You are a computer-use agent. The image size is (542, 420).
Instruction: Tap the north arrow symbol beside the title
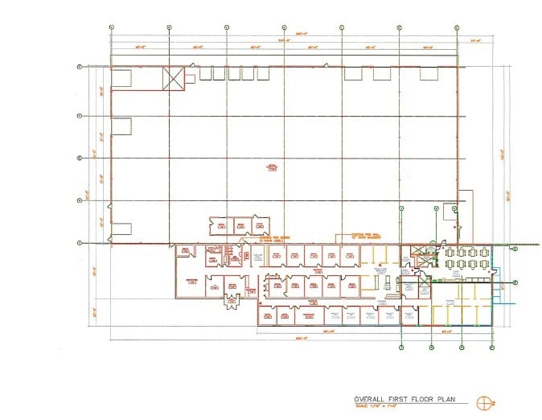click(483, 403)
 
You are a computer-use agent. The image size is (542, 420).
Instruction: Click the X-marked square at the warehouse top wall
click(173, 78)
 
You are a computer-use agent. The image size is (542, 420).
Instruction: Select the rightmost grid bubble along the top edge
click(457, 27)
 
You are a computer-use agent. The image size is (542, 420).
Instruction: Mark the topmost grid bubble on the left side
click(79, 67)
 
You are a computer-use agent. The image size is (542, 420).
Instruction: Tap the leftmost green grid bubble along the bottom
click(400, 348)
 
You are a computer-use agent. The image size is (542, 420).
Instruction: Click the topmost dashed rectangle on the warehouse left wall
click(121, 77)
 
